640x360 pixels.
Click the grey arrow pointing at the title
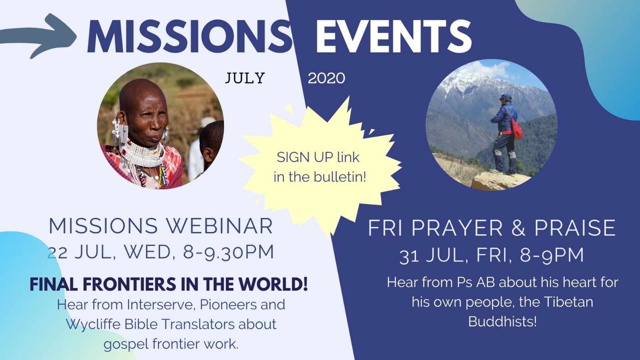click(x=38, y=36)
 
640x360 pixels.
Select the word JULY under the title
click(x=245, y=78)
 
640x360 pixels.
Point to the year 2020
click(x=326, y=78)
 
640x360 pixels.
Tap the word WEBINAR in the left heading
click(x=220, y=226)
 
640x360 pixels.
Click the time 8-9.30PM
click(x=228, y=252)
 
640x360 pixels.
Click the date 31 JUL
click(x=431, y=256)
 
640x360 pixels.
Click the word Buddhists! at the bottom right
click(x=502, y=322)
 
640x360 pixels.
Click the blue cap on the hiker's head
click(x=506, y=96)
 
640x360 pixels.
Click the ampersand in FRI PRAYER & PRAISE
click(x=518, y=228)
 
